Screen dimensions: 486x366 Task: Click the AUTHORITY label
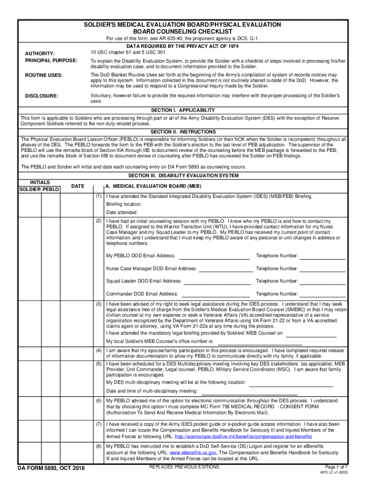39,54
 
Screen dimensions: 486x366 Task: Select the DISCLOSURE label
41,96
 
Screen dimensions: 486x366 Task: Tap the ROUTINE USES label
44,75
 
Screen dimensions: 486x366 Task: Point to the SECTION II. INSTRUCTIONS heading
183,131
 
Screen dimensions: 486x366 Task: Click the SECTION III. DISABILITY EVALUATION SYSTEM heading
183,176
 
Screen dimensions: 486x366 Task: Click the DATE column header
78,186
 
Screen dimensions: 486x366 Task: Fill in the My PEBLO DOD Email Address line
216,257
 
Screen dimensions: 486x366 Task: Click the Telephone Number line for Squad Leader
323,282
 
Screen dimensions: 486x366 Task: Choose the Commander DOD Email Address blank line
217,295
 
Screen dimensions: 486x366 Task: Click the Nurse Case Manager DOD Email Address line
226,269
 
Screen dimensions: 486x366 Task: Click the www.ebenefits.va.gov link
193,453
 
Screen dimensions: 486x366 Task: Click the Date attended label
122,212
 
